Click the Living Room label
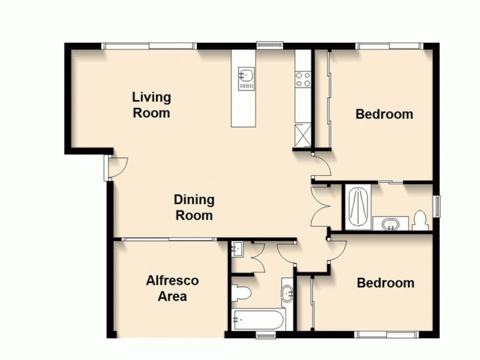151,104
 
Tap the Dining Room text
194,207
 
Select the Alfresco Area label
172,288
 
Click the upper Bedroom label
384,114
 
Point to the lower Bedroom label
385,283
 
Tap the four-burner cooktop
302,79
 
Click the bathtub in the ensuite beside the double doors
356,206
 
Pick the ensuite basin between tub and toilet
389,224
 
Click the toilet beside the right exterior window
421,220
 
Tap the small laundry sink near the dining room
237,248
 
